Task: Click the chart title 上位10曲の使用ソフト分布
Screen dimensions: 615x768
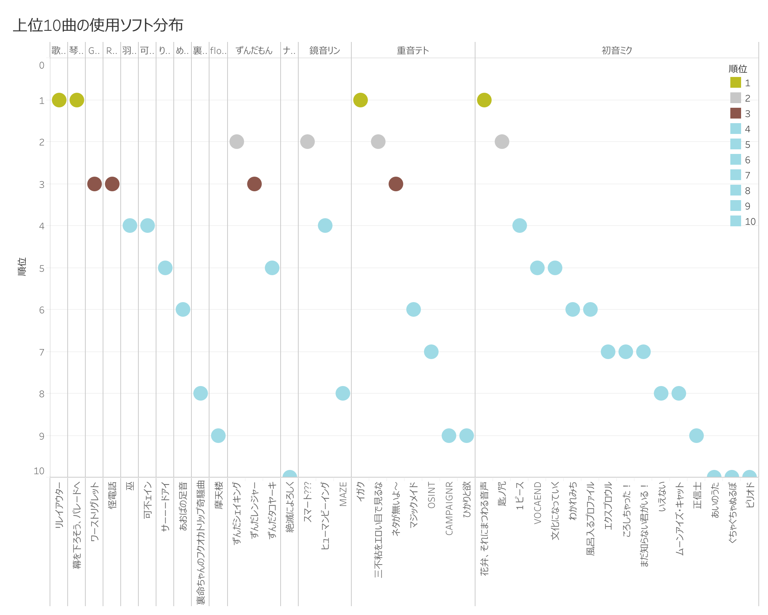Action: tap(98, 25)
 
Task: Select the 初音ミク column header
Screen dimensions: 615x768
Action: tap(617, 50)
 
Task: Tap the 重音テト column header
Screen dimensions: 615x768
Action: tap(413, 50)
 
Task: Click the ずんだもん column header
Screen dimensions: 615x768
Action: tap(254, 50)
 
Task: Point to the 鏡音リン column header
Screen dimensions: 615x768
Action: tap(324, 50)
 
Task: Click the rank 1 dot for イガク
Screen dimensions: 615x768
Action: tap(360, 100)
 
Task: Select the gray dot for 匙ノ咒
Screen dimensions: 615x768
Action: tap(502, 142)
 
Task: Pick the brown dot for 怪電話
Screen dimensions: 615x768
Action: tap(112, 184)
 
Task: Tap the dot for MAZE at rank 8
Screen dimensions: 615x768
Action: tap(342, 393)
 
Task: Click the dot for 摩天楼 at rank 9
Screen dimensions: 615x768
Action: tap(218, 436)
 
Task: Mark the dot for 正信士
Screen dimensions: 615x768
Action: tap(696, 436)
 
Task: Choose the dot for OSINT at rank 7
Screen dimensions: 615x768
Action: tap(431, 351)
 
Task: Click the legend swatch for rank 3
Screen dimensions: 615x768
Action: tap(735, 114)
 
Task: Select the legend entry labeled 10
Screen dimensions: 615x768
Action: tap(750, 222)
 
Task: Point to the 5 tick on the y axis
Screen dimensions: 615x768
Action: tap(42, 268)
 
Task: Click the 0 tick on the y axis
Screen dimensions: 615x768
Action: tap(42, 65)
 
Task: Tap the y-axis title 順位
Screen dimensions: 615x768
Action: tap(22, 266)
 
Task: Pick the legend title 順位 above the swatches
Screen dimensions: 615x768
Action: tap(738, 69)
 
